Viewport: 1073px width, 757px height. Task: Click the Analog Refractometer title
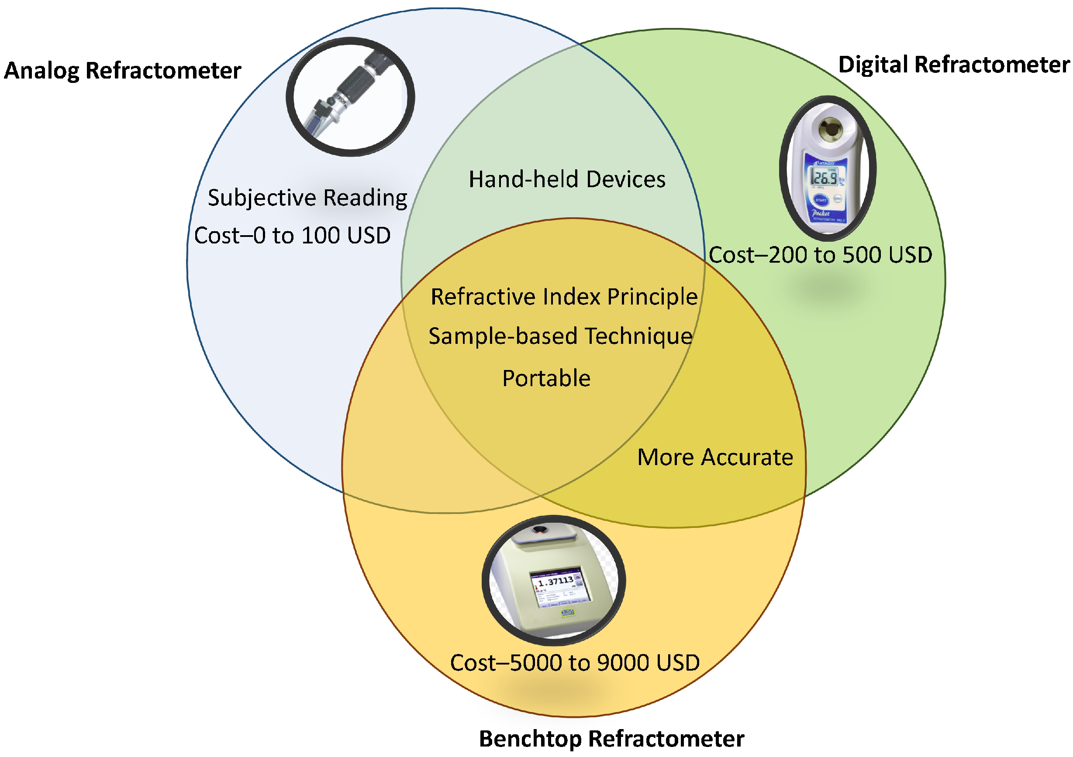pyautogui.click(x=122, y=71)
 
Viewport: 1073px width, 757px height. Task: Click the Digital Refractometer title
pyautogui.click(x=953, y=65)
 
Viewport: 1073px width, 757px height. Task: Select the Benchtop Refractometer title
pyautogui.click(x=611, y=739)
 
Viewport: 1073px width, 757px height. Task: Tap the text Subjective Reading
pyautogui.click(x=307, y=198)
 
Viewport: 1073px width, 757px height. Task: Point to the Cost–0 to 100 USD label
pyautogui.click(x=293, y=235)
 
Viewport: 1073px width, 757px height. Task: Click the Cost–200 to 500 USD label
pyautogui.click(x=820, y=255)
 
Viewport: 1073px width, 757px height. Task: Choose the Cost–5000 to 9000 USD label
pyautogui.click(x=575, y=663)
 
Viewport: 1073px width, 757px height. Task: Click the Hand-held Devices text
pyautogui.click(x=567, y=179)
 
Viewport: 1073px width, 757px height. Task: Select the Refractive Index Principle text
pyautogui.click(x=564, y=297)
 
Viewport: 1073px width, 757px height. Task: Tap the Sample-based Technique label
pyautogui.click(x=560, y=336)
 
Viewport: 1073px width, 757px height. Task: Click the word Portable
pyautogui.click(x=546, y=378)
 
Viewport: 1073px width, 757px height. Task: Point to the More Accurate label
pyautogui.click(x=715, y=457)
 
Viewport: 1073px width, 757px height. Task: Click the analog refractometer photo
pyautogui.click(x=351, y=97)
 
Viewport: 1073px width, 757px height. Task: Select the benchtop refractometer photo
pyautogui.click(x=553, y=580)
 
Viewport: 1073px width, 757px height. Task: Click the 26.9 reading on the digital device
pyautogui.click(x=824, y=178)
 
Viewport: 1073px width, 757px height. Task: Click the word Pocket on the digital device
pyautogui.click(x=820, y=213)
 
